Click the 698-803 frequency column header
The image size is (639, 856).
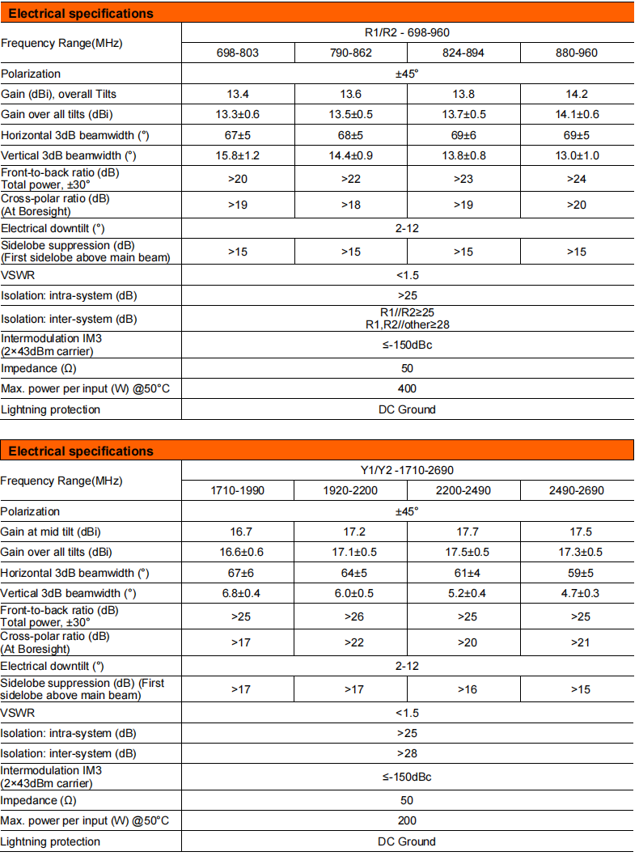click(x=237, y=53)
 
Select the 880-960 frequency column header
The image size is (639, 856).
click(x=577, y=53)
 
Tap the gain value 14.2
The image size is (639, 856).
click(x=577, y=94)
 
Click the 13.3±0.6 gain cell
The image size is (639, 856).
click(x=237, y=114)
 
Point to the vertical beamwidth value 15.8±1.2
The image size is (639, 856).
click(x=237, y=155)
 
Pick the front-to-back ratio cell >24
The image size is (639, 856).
click(x=577, y=178)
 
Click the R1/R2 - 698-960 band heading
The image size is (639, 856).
click(x=407, y=32)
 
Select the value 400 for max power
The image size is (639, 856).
click(x=407, y=388)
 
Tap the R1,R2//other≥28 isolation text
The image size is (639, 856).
click(x=407, y=324)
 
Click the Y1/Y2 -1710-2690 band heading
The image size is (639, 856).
click(x=407, y=470)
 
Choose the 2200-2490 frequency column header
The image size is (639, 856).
click(x=463, y=490)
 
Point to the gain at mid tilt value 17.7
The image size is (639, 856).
click(x=463, y=532)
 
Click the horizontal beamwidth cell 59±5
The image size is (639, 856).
click(x=577, y=573)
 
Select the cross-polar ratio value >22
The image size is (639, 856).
click(x=350, y=642)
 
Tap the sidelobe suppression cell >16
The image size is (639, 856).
click(x=463, y=689)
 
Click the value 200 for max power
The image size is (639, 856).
click(x=407, y=820)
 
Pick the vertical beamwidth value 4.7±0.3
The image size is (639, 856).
click(x=577, y=593)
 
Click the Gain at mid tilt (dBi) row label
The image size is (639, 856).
click(x=57, y=532)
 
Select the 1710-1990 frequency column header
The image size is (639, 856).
click(x=237, y=490)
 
